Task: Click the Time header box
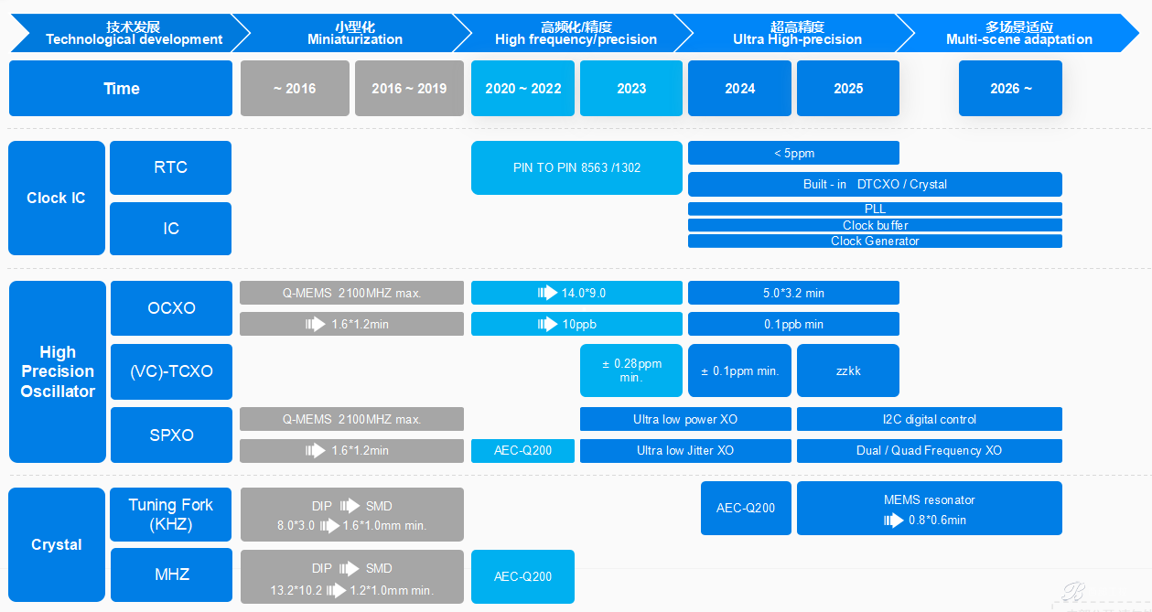coord(121,88)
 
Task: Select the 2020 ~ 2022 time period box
coord(522,88)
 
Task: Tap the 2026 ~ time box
coord(1010,88)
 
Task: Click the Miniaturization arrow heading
coord(355,33)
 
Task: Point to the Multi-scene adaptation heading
coord(1018,33)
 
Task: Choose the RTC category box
coord(171,167)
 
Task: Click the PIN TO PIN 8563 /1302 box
coord(576,167)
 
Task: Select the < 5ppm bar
coord(793,153)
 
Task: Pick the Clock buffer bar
coord(875,225)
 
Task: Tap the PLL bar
coord(875,209)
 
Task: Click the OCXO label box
coord(171,308)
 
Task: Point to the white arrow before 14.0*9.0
coord(547,293)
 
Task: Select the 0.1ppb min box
coord(793,324)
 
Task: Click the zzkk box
coord(848,370)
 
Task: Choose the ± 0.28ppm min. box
coord(631,370)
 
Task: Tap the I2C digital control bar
coord(930,419)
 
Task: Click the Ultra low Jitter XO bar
coord(685,450)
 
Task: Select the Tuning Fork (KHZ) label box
coord(171,514)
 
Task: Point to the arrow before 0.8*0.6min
coord(893,521)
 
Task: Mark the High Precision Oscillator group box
coord(58,371)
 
